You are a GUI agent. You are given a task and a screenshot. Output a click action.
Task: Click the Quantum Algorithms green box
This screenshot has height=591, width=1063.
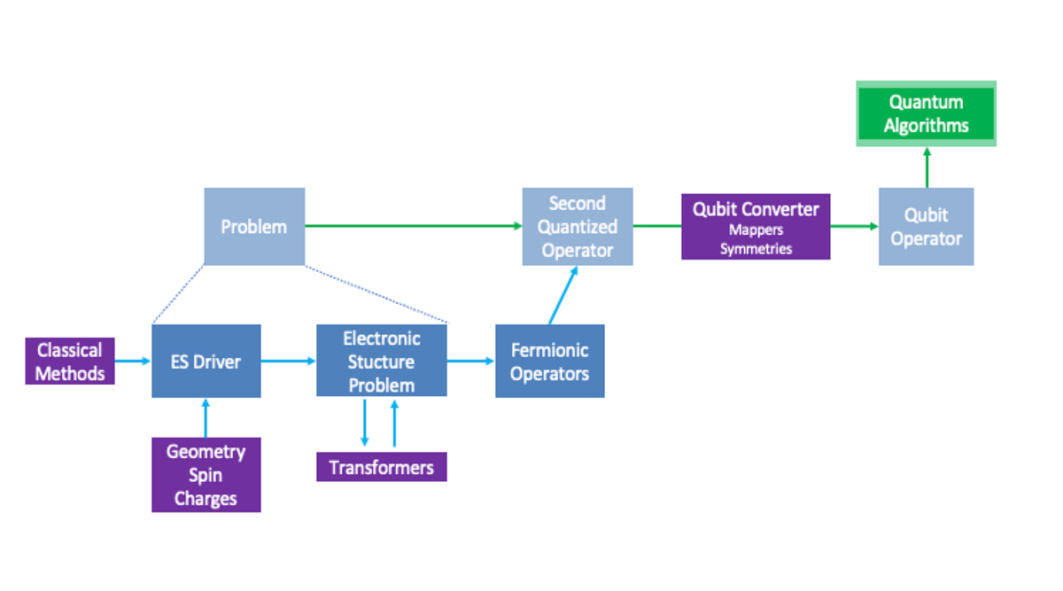point(926,113)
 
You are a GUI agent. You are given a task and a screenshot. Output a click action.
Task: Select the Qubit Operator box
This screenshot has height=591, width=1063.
point(926,227)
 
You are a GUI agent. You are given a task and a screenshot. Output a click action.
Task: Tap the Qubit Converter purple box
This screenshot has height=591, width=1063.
point(756,211)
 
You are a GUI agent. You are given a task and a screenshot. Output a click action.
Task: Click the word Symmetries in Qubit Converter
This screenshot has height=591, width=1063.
point(756,249)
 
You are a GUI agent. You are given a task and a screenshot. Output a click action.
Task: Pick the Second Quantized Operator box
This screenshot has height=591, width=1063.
point(578,227)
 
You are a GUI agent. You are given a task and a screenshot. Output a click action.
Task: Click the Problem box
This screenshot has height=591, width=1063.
point(254,227)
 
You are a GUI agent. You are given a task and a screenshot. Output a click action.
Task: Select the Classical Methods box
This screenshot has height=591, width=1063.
point(70,362)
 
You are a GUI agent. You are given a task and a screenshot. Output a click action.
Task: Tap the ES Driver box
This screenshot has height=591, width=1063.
point(206,362)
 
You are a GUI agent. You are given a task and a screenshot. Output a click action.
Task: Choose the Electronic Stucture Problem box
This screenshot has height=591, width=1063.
point(382,362)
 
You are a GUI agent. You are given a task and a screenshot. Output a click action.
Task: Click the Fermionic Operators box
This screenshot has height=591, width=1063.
point(549,362)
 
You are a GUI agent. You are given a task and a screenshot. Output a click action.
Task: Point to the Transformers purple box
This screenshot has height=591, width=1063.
point(382,467)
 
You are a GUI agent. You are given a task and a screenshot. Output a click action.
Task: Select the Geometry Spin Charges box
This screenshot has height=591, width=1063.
point(206,475)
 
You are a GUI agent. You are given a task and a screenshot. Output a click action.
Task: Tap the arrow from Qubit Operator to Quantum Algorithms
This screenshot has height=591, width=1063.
point(927,167)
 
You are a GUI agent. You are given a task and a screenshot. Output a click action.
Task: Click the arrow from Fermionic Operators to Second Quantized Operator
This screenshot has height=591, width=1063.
point(563,295)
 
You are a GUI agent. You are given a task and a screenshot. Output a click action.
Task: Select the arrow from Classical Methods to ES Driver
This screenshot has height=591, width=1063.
point(133,361)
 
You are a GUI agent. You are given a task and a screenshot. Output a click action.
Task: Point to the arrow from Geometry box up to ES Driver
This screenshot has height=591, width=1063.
point(206,417)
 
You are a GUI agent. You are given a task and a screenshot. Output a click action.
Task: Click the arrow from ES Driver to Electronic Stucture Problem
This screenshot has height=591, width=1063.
point(288,361)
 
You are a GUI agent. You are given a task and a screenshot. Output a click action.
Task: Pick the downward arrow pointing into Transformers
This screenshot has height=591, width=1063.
point(364,424)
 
